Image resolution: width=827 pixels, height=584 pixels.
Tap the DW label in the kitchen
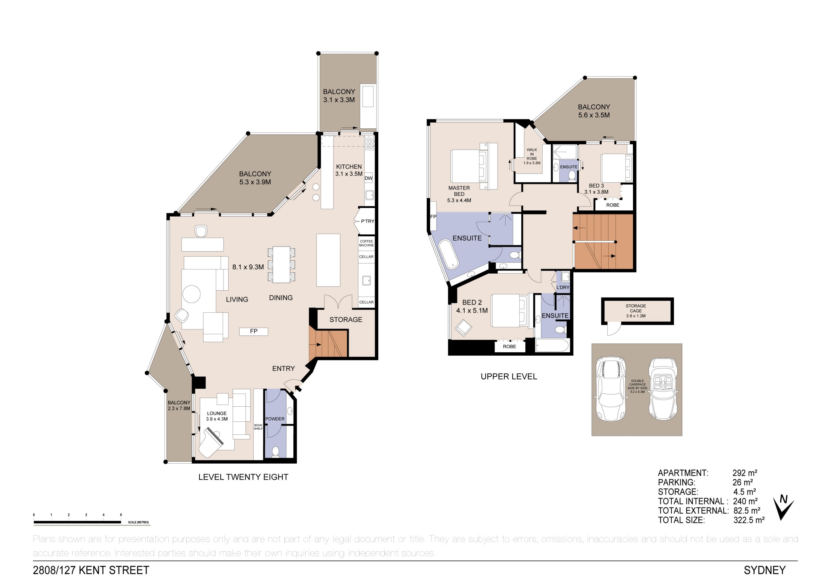pyautogui.click(x=369, y=178)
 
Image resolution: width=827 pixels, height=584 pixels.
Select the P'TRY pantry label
pyautogui.click(x=368, y=221)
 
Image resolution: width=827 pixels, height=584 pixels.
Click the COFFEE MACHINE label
pyautogui.click(x=366, y=243)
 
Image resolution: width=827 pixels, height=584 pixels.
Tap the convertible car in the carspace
pyautogui.click(x=663, y=389)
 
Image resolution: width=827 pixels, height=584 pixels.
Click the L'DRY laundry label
pyautogui.click(x=563, y=287)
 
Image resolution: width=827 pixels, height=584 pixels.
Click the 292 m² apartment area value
pyautogui.click(x=745, y=473)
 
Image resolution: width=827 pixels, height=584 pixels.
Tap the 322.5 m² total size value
pyautogui.click(x=749, y=520)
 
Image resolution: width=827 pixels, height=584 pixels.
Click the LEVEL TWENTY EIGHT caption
pyautogui.click(x=243, y=477)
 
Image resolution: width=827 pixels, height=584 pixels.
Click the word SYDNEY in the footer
pyautogui.click(x=765, y=570)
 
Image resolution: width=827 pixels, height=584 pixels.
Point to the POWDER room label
pyautogui.click(x=275, y=419)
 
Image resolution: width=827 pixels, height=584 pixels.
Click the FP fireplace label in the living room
pyautogui.click(x=254, y=331)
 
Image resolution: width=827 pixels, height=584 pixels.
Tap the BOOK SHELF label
pyautogui.click(x=258, y=427)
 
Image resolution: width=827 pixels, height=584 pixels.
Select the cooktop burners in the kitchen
pyautogui.click(x=369, y=144)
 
